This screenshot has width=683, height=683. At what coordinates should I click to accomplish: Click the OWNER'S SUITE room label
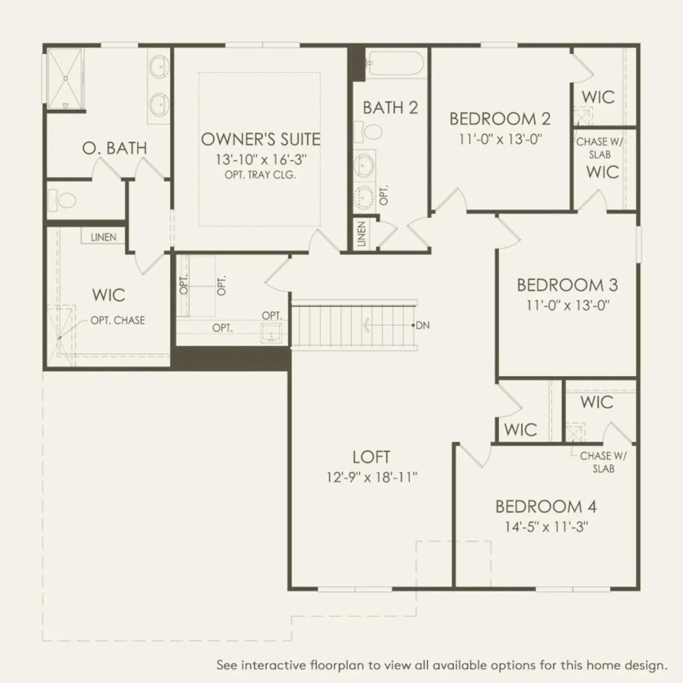[260, 140]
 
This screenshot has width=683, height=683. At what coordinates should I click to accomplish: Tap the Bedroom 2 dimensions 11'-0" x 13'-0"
[500, 139]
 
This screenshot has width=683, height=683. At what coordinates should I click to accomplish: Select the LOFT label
[371, 457]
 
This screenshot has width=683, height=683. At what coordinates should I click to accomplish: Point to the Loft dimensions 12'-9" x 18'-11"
[372, 477]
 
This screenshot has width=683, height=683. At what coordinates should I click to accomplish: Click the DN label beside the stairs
[422, 325]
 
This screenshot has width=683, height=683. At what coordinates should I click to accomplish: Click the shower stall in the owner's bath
[64, 79]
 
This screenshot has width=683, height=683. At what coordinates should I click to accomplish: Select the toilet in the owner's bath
[62, 199]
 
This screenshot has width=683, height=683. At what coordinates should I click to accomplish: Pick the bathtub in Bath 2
[395, 64]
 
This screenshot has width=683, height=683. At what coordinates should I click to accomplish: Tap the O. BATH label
[114, 148]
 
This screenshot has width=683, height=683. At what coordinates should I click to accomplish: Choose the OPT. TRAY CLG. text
[260, 175]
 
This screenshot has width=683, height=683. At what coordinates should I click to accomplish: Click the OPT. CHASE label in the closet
[117, 320]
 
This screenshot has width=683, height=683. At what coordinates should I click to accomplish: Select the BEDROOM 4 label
[546, 507]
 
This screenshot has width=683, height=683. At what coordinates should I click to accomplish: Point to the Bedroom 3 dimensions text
[568, 306]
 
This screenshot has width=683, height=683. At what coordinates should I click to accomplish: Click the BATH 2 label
[390, 108]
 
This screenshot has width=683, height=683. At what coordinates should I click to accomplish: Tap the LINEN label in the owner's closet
[103, 237]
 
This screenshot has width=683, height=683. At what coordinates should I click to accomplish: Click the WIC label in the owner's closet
[108, 295]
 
